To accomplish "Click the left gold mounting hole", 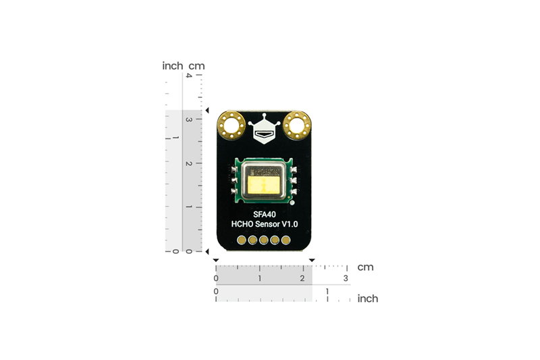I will [232, 125].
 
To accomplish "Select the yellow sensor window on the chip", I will [264, 184].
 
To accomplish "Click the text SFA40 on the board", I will [264, 214].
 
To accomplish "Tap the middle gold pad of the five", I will [264, 240].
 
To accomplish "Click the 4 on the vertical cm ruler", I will [189, 76].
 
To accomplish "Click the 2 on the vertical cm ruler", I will [189, 163].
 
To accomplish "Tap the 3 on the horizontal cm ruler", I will [346, 278].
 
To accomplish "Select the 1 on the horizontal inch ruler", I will [327, 291].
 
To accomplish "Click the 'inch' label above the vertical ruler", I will [172, 66].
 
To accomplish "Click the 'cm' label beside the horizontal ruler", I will [365, 267].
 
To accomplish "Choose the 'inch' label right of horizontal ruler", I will [367, 298].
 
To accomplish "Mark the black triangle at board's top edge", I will [208, 110].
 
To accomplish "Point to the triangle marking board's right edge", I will [312, 260].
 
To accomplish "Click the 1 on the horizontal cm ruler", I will [259, 278].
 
